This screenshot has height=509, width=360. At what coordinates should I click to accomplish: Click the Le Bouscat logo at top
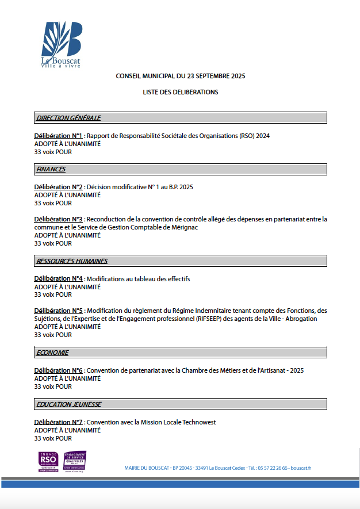point(62,45)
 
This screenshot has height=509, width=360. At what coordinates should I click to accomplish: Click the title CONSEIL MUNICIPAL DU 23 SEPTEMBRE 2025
point(181,76)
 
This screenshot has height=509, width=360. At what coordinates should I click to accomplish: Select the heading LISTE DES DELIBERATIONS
point(181,92)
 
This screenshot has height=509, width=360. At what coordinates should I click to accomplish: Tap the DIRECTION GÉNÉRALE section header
point(68,118)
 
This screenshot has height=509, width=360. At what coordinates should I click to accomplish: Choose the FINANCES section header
point(51,169)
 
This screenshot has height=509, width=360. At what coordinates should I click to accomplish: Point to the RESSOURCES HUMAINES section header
point(72,261)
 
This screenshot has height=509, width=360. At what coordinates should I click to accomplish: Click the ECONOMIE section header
point(52,353)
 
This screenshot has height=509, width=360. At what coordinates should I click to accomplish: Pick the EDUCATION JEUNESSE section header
point(68,404)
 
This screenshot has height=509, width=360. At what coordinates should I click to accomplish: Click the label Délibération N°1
point(59,136)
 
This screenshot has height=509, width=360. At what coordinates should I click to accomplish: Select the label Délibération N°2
point(59,187)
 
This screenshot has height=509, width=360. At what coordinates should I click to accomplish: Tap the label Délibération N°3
point(59,219)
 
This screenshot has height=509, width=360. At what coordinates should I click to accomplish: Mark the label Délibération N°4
point(59,279)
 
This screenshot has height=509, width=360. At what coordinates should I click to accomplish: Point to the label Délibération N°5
point(59,311)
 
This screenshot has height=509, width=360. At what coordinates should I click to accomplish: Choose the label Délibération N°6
point(59,370)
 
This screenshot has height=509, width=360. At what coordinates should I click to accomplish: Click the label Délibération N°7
point(59,422)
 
